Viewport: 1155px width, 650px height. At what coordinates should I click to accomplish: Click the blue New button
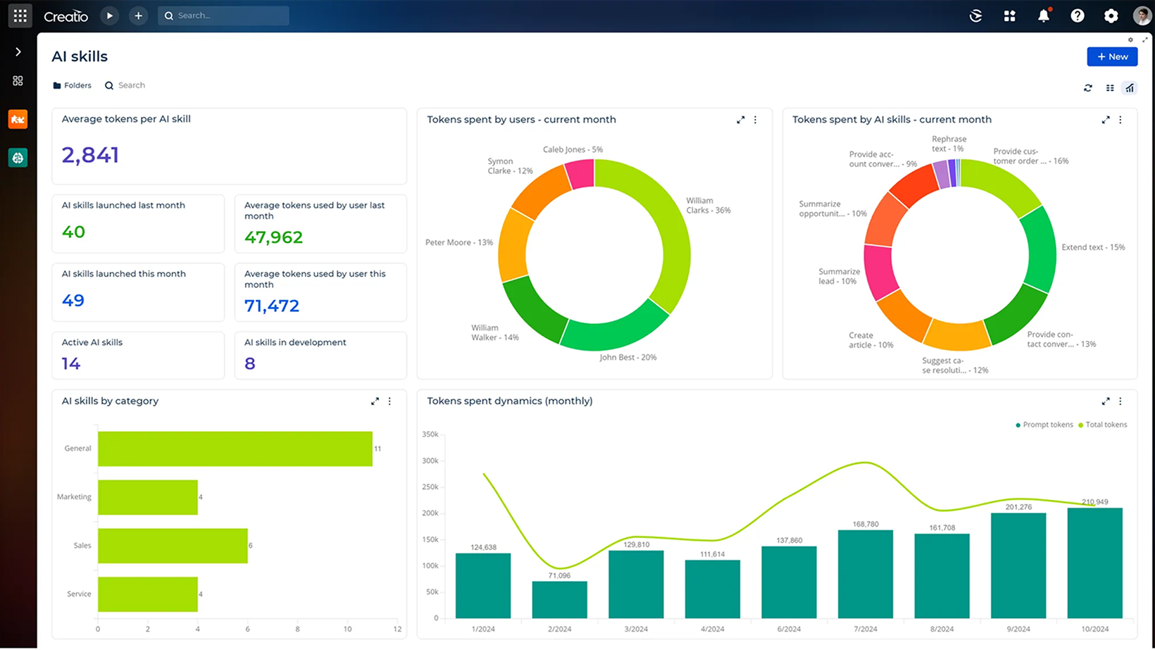tap(1111, 56)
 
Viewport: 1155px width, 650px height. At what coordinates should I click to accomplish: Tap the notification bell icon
tap(1043, 15)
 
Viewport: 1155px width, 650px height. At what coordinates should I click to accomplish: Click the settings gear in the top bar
tap(1111, 15)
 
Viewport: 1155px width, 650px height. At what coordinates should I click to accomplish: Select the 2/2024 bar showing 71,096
tap(559, 600)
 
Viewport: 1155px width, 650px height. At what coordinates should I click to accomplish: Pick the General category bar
tap(235, 449)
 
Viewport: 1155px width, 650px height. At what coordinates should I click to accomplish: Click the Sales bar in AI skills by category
tap(173, 546)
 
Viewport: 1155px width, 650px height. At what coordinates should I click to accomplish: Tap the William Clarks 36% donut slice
tap(673, 232)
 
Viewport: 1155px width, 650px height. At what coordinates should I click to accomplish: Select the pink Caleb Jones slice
tap(581, 174)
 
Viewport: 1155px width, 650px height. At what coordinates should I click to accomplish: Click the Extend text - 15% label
tap(1093, 247)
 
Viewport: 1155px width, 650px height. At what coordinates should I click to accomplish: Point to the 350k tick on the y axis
tap(430, 435)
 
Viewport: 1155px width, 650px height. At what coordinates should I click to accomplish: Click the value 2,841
tap(90, 155)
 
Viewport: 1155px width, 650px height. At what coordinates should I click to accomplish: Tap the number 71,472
tap(272, 306)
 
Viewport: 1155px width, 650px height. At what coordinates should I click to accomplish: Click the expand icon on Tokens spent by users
tap(740, 120)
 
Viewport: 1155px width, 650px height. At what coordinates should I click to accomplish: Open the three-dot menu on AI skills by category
tap(389, 401)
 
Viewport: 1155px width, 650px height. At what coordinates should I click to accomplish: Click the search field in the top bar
tap(223, 15)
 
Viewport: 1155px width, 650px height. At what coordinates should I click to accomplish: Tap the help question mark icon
tap(1077, 15)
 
